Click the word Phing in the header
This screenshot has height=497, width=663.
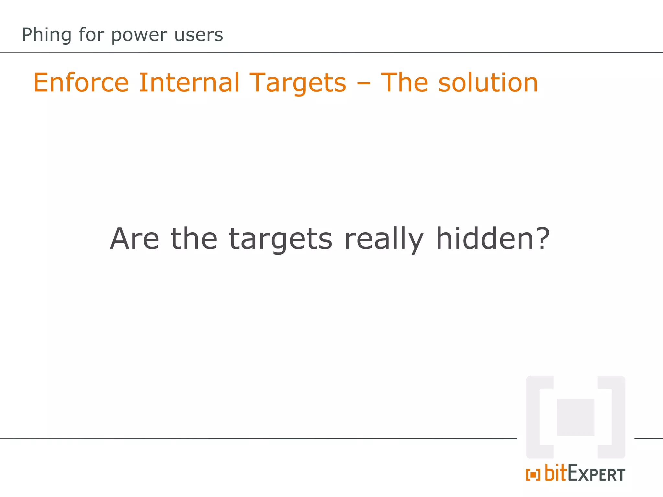coord(46,35)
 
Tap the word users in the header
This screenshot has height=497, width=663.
coord(198,35)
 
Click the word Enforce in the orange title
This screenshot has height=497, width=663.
coord(81,83)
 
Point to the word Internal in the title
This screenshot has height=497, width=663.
coord(189,83)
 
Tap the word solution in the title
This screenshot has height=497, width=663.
coord(488,83)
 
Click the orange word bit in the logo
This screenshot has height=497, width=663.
coord(556,473)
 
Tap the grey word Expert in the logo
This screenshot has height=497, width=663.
coord(596,474)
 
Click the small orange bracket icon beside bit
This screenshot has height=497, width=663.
coord(533,475)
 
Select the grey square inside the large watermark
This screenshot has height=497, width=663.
coord(576,417)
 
